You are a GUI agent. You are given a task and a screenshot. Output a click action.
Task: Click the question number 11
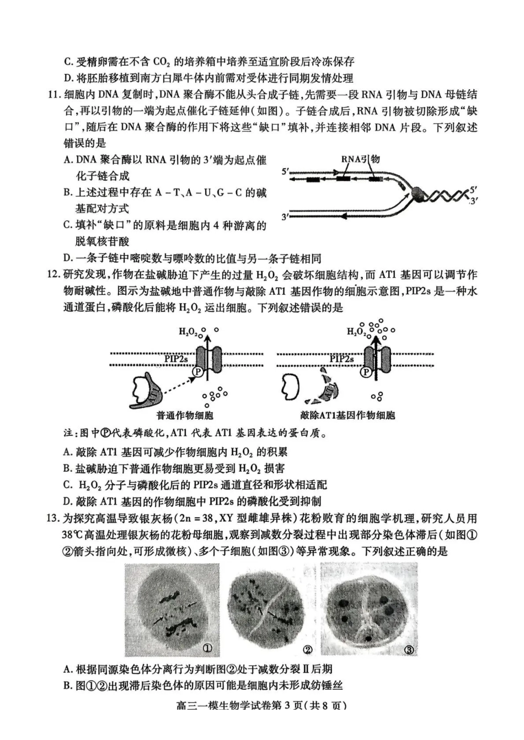click(x=54, y=94)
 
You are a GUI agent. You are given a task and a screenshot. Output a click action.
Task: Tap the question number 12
click(x=54, y=275)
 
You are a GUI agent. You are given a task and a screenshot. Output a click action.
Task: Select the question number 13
click(x=54, y=518)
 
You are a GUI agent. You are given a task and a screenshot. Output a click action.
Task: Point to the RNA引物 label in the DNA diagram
click(x=360, y=160)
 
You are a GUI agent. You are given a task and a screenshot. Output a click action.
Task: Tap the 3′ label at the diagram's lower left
click(x=285, y=217)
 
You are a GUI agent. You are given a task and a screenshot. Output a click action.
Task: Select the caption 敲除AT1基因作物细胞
click(x=347, y=415)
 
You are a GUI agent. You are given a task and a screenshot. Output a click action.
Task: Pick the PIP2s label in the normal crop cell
click(x=176, y=359)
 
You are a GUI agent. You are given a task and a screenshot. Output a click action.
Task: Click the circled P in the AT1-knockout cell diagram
click(x=365, y=372)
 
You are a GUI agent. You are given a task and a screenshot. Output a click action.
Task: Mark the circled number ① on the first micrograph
click(x=207, y=649)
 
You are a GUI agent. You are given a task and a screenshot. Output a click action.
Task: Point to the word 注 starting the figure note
click(x=69, y=433)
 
